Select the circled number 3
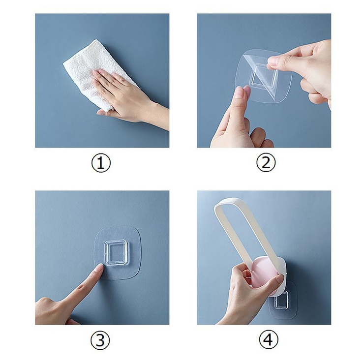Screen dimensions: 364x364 [x=100, y=341]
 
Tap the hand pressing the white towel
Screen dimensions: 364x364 [x=125, y=97]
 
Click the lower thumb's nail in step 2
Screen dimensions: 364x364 [x=240, y=93]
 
